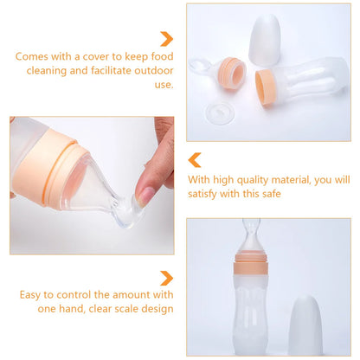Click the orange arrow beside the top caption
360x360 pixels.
(166, 39)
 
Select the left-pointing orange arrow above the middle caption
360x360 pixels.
(195, 160)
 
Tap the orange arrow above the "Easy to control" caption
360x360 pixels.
(166, 278)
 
